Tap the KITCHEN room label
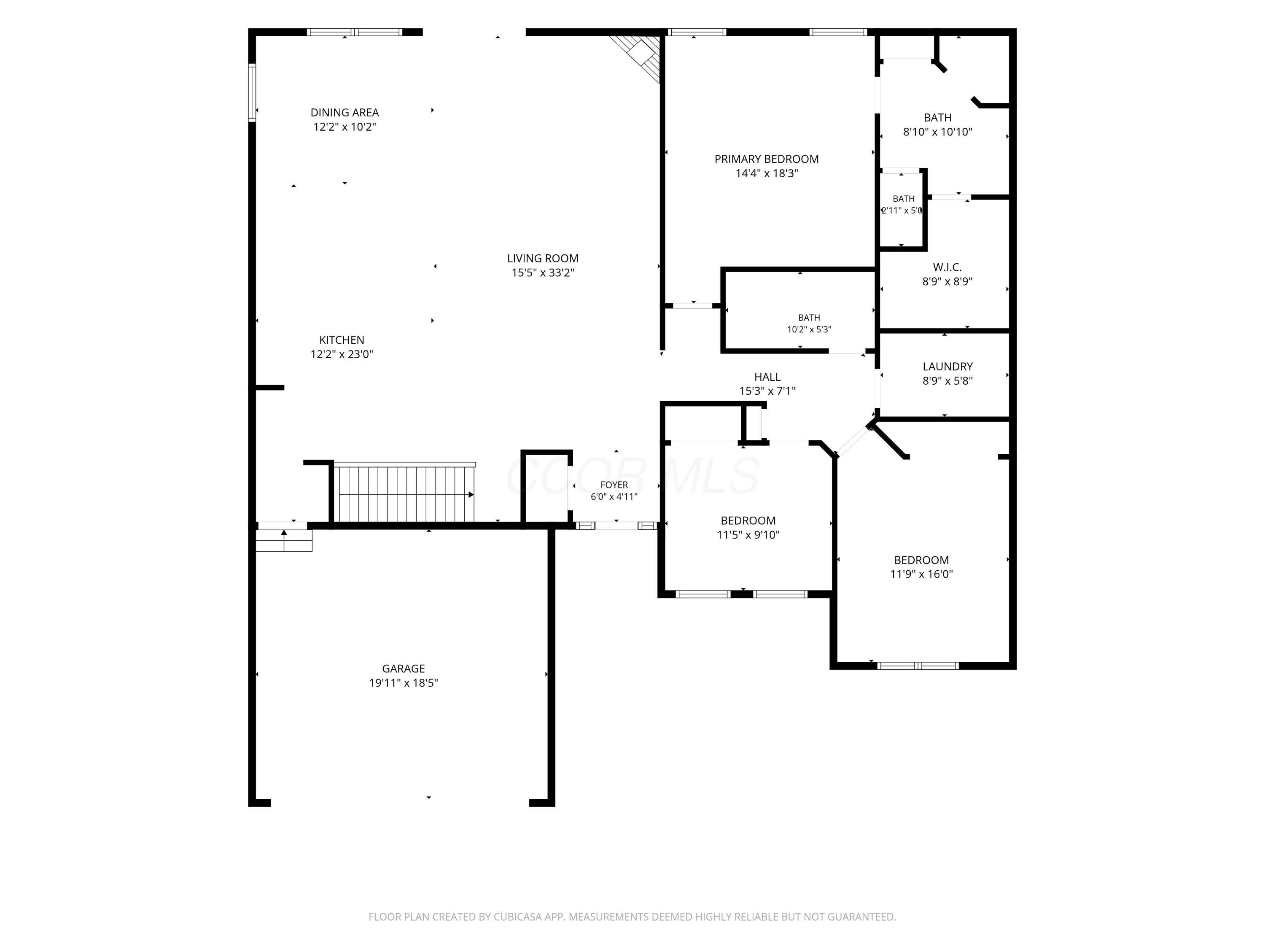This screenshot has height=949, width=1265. coord(342,340)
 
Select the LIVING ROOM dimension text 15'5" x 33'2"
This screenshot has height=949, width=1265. coord(543,273)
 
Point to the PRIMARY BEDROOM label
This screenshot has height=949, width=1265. coord(766,159)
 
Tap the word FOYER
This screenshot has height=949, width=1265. coord(614,485)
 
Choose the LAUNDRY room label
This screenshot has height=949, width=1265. coord(947,367)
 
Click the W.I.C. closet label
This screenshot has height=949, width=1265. coord(947,267)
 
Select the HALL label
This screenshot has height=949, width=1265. coord(767,377)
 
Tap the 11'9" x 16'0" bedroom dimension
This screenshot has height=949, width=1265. coord(921,574)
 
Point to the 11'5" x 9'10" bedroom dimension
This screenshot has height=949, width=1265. coord(748,535)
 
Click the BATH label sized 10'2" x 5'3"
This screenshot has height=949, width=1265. coord(809,318)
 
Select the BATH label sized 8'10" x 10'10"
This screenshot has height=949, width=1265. coord(938,118)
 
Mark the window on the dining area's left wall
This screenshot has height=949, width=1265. coord(252,93)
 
